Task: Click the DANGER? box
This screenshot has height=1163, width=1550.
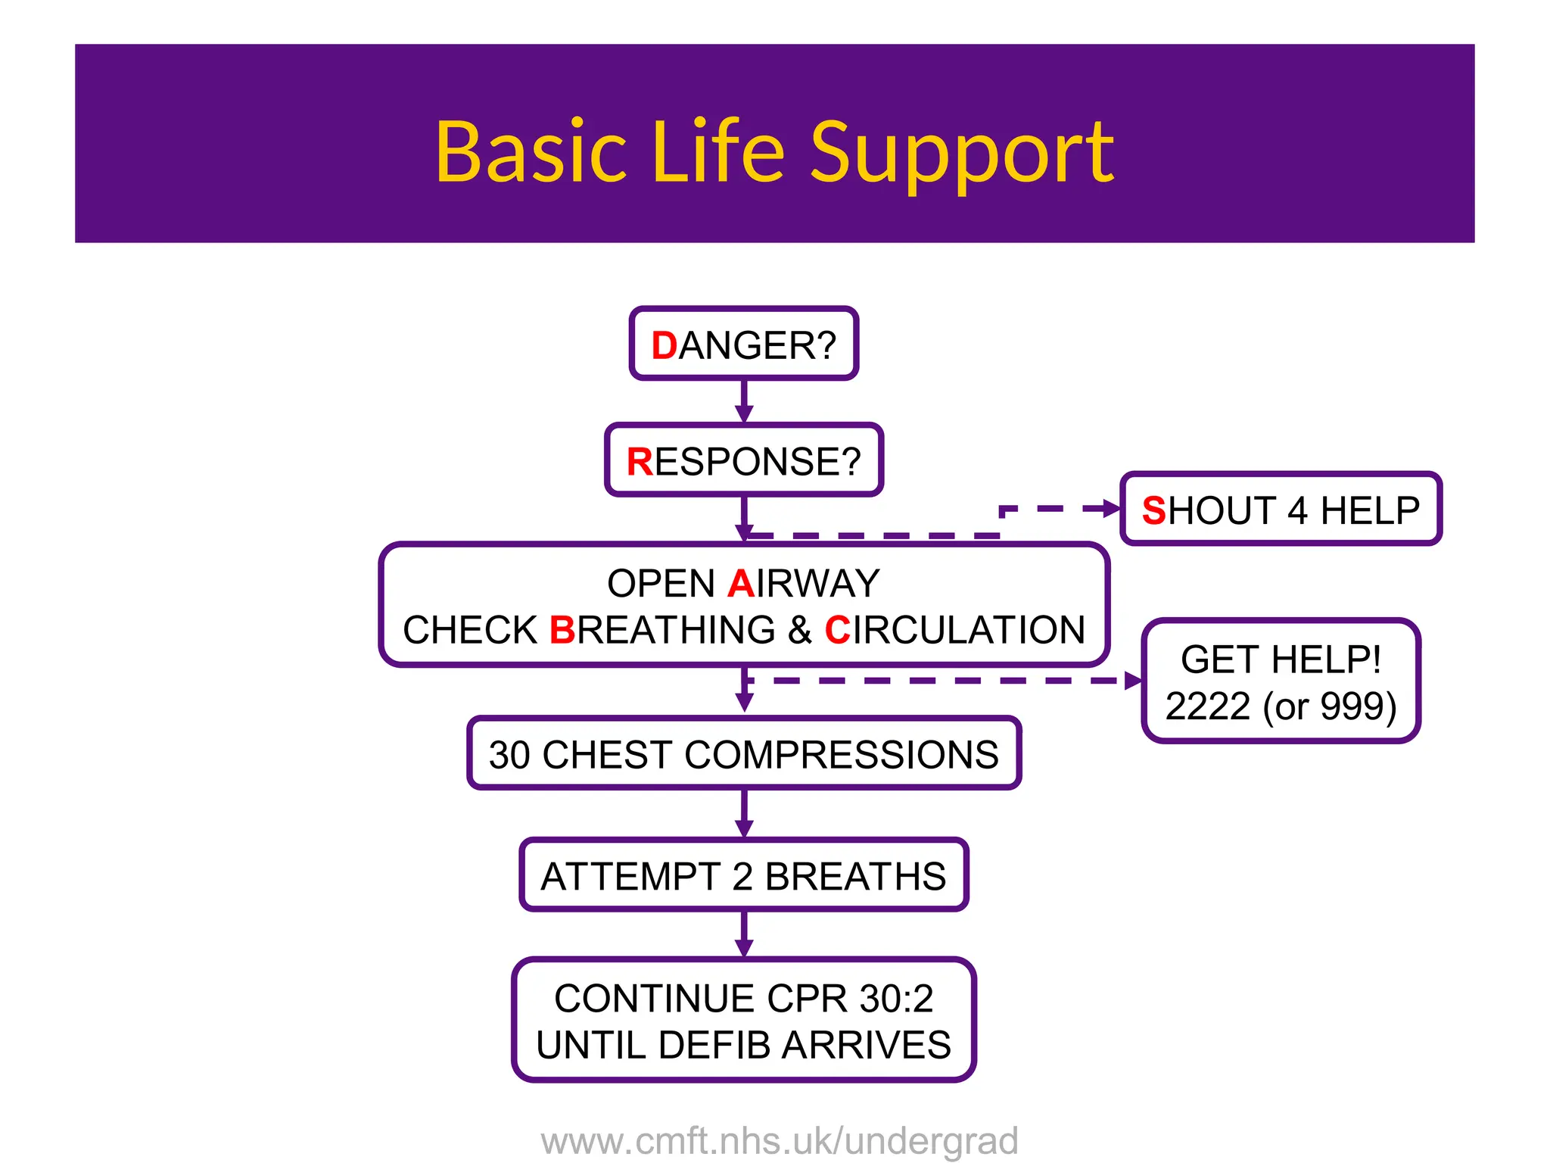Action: [x=744, y=345]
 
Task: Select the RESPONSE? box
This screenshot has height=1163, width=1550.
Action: [x=744, y=461]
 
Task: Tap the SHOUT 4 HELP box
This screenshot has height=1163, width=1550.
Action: [x=1281, y=510]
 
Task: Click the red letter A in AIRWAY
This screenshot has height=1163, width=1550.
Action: [x=740, y=584]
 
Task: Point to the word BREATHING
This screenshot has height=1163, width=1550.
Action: [x=662, y=630]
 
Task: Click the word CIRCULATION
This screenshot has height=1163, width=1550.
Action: [x=955, y=630]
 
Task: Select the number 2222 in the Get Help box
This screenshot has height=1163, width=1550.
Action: [x=1208, y=706]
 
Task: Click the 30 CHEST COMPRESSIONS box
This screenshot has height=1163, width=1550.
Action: [x=744, y=754]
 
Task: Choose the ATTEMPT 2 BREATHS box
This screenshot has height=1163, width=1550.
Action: [x=744, y=876]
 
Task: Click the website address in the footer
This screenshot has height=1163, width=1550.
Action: [x=780, y=1140]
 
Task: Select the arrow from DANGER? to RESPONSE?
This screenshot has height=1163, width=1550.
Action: [x=744, y=401]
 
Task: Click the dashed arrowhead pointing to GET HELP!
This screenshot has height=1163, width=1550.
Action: [x=1133, y=681]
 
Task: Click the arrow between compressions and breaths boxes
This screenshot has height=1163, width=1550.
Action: [x=744, y=814]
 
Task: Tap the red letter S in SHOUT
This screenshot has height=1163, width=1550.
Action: [x=1153, y=510]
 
